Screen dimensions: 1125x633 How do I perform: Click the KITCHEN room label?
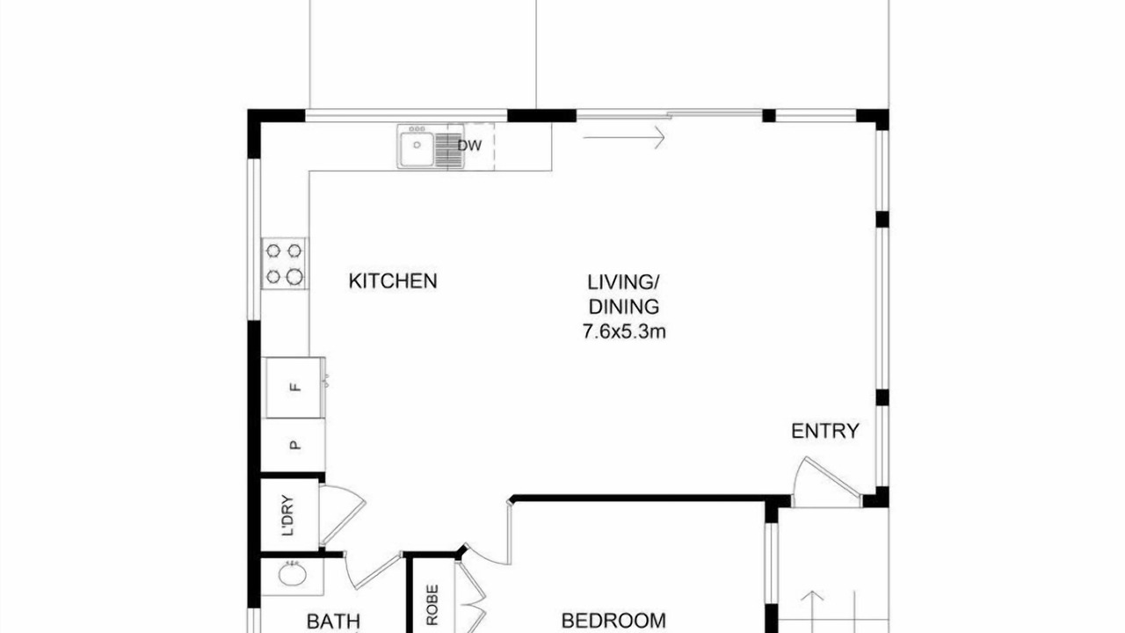(x=393, y=280)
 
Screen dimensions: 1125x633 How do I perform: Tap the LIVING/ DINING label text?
(x=623, y=295)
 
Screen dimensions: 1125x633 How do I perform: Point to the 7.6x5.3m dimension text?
(x=624, y=332)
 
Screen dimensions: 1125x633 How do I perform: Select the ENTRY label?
(x=824, y=431)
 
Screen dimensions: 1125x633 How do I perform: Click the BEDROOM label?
(x=613, y=621)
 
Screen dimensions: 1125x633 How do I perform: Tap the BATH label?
(x=333, y=622)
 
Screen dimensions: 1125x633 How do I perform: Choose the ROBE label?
(x=432, y=604)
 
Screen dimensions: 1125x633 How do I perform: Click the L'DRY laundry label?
(x=287, y=515)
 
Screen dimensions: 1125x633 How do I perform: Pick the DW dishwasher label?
(x=469, y=146)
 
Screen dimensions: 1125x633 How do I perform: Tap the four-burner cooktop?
(x=284, y=264)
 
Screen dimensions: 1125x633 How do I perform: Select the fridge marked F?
(x=294, y=388)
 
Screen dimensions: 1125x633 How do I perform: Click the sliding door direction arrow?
(x=624, y=136)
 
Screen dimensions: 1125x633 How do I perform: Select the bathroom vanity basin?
(x=293, y=575)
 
